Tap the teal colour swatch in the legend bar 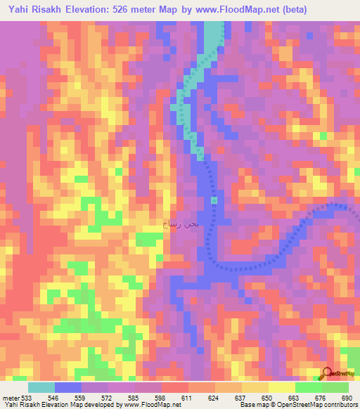coord(41,387)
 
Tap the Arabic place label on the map coord(181,224)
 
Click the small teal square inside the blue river coord(214,200)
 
